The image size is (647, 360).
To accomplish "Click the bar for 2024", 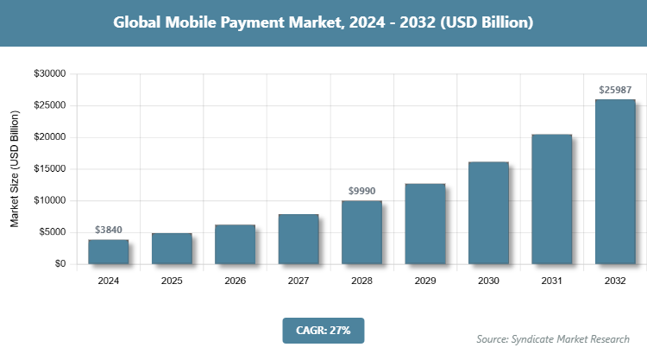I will click(x=109, y=251).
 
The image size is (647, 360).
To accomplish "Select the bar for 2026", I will click(x=235, y=244).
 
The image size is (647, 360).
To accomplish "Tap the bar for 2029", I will click(x=424, y=224).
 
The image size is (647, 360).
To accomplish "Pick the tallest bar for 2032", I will click(x=614, y=181).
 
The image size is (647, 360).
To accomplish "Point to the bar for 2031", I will click(x=551, y=199).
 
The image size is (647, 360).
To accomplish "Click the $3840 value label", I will click(x=109, y=231).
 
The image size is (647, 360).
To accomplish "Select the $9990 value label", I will click(x=361, y=190).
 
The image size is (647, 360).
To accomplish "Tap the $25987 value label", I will click(x=614, y=89).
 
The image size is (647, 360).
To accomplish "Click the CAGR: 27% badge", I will click(x=323, y=330).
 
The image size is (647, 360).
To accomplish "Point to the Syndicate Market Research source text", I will click(x=553, y=338).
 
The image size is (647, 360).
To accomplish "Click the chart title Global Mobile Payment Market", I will click(x=323, y=22).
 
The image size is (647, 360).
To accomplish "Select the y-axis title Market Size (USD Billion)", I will click(x=15, y=169).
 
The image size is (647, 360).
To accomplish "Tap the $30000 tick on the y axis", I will click(x=49, y=74).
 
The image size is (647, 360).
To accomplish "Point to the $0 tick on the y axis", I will click(x=60, y=264).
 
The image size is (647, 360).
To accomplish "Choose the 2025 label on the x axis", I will click(x=172, y=281).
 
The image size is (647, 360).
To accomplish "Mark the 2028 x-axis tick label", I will click(x=361, y=281).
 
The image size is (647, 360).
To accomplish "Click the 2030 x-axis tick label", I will click(x=488, y=281).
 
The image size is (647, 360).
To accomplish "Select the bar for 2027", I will click(x=298, y=239).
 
